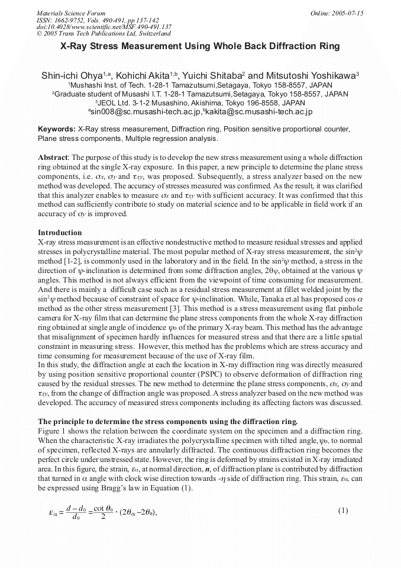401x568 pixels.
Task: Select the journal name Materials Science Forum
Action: (x=71, y=12)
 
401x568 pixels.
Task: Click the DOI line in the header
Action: (x=104, y=27)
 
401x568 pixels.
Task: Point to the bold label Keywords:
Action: (x=57, y=129)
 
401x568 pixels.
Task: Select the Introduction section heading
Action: (x=60, y=232)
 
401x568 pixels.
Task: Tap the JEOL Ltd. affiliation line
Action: (x=200, y=102)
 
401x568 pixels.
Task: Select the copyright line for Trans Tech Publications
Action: (x=104, y=34)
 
